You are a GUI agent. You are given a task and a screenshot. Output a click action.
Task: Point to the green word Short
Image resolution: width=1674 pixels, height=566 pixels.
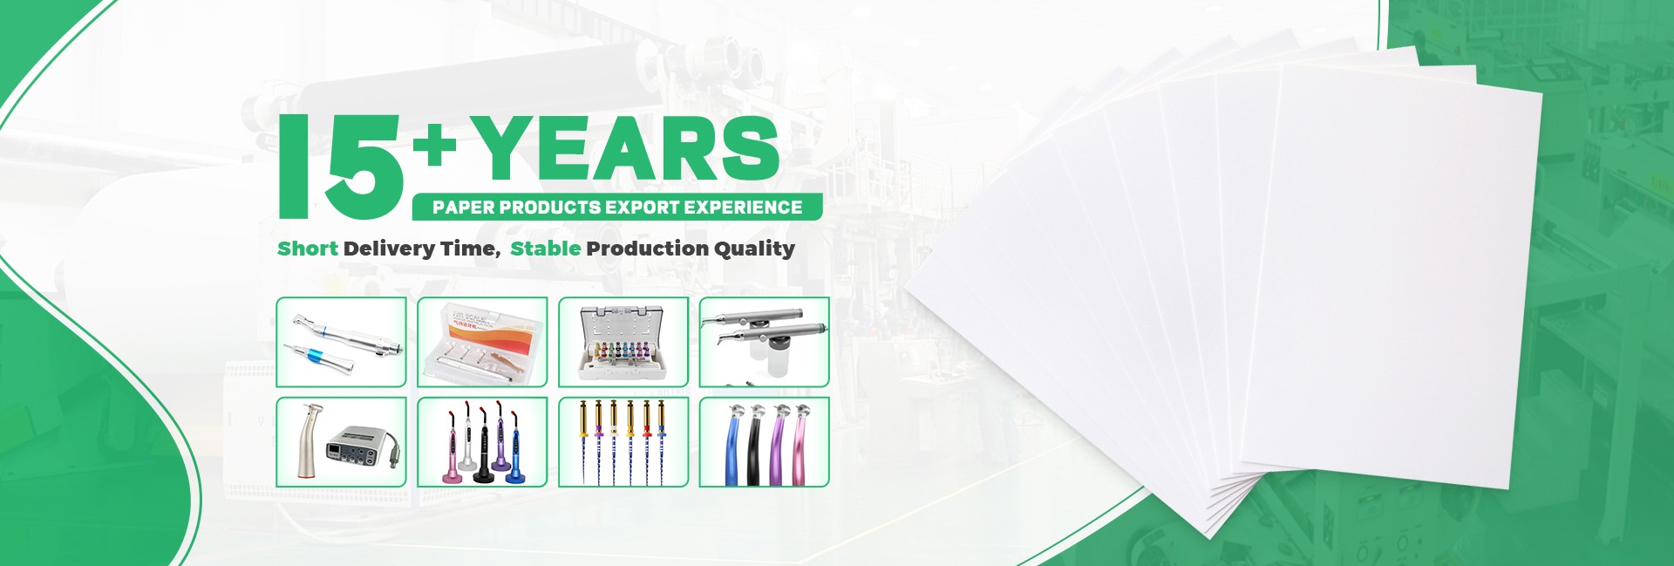pos(307,249)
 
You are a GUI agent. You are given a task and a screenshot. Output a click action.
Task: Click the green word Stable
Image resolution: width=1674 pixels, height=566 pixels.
pos(546,249)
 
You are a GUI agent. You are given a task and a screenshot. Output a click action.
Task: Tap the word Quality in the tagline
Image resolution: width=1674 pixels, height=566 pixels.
pos(754,249)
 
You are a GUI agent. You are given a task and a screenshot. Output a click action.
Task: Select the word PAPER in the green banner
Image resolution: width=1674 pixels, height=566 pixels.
pos(463,208)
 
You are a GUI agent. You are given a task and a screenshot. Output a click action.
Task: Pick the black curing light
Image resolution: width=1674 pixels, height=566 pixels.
pos(482,445)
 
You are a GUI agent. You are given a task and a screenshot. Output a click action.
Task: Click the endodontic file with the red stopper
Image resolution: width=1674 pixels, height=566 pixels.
pos(646,440)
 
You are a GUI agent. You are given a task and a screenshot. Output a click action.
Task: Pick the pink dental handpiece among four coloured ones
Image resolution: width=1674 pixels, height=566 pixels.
pos(803,445)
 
